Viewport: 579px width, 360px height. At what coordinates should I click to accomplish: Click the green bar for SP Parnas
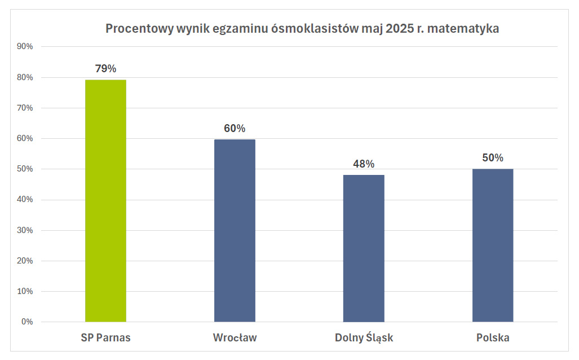coord(105,201)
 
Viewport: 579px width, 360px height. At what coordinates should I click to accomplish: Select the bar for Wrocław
coord(235,231)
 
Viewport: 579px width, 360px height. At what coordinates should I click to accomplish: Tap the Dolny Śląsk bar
coord(364,248)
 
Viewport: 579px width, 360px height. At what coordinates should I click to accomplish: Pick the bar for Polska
coord(493,245)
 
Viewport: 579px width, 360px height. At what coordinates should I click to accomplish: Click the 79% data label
coord(105,69)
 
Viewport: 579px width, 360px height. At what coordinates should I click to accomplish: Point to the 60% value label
coord(235,129)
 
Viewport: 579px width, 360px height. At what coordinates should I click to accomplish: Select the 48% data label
coord(364,164)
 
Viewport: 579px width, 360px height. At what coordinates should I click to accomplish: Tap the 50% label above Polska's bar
coord(493,158)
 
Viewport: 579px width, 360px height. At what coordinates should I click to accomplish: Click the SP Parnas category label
coord(105,338)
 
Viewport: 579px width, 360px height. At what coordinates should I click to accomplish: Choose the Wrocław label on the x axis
coord(235,338)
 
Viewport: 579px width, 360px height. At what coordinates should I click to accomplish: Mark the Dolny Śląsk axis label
coord(364,338)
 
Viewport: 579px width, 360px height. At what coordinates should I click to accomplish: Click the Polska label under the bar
coord(493,338)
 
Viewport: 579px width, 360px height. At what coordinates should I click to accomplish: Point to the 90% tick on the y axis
coord(25,47)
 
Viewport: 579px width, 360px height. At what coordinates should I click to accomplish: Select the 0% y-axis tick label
coord(27,322)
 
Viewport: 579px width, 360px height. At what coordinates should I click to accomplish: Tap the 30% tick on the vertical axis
coord(25,230)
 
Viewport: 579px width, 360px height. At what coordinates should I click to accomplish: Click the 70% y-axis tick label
coord(25,108)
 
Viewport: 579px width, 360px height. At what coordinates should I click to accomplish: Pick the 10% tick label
coord(25,292)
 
